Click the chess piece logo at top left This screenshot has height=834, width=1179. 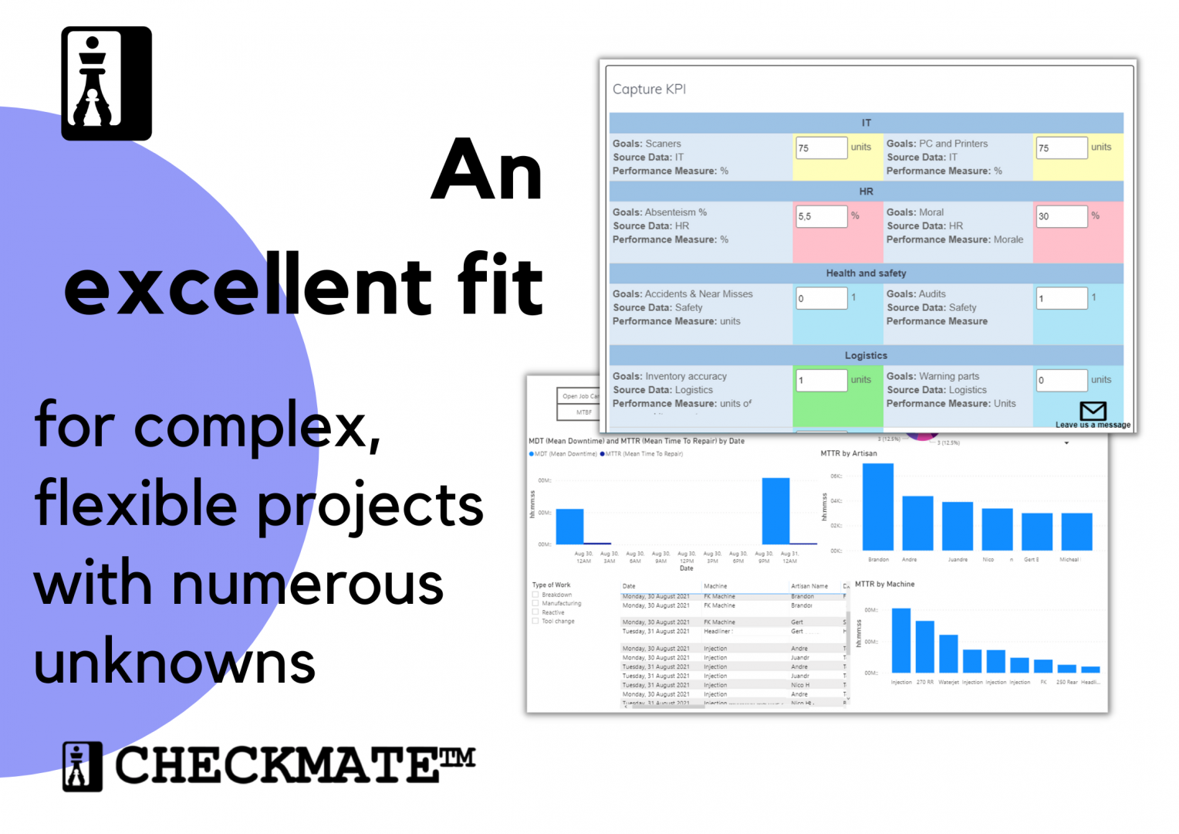click(106, 83)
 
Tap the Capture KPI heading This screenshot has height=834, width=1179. click(649, 90)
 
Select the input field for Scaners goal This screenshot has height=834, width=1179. click(821, 147)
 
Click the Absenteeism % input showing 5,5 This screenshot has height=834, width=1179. click(821, 216)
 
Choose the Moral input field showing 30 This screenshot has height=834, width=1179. click(1061, 216)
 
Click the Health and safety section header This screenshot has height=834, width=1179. click(866, 273)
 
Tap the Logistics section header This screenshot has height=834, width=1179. click(866, 355)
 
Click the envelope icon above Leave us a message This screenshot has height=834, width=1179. click(1093, 410)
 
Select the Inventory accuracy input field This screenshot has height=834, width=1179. click(821, 380)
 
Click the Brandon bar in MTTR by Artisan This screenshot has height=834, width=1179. click(877, 507)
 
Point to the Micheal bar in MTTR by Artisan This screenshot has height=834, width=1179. click(1076, 531)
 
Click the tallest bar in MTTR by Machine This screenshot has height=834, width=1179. click(901, 640)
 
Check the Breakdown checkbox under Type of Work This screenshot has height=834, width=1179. click(535, 595)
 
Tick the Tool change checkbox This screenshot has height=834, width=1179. click(535, 621)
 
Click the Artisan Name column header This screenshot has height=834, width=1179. click(809, 586)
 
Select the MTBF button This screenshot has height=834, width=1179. click(583, 412)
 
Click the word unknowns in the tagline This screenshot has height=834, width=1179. click(174, 663)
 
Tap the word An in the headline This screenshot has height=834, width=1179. click(487, 171)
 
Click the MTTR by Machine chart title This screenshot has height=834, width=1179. click(884, 584)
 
